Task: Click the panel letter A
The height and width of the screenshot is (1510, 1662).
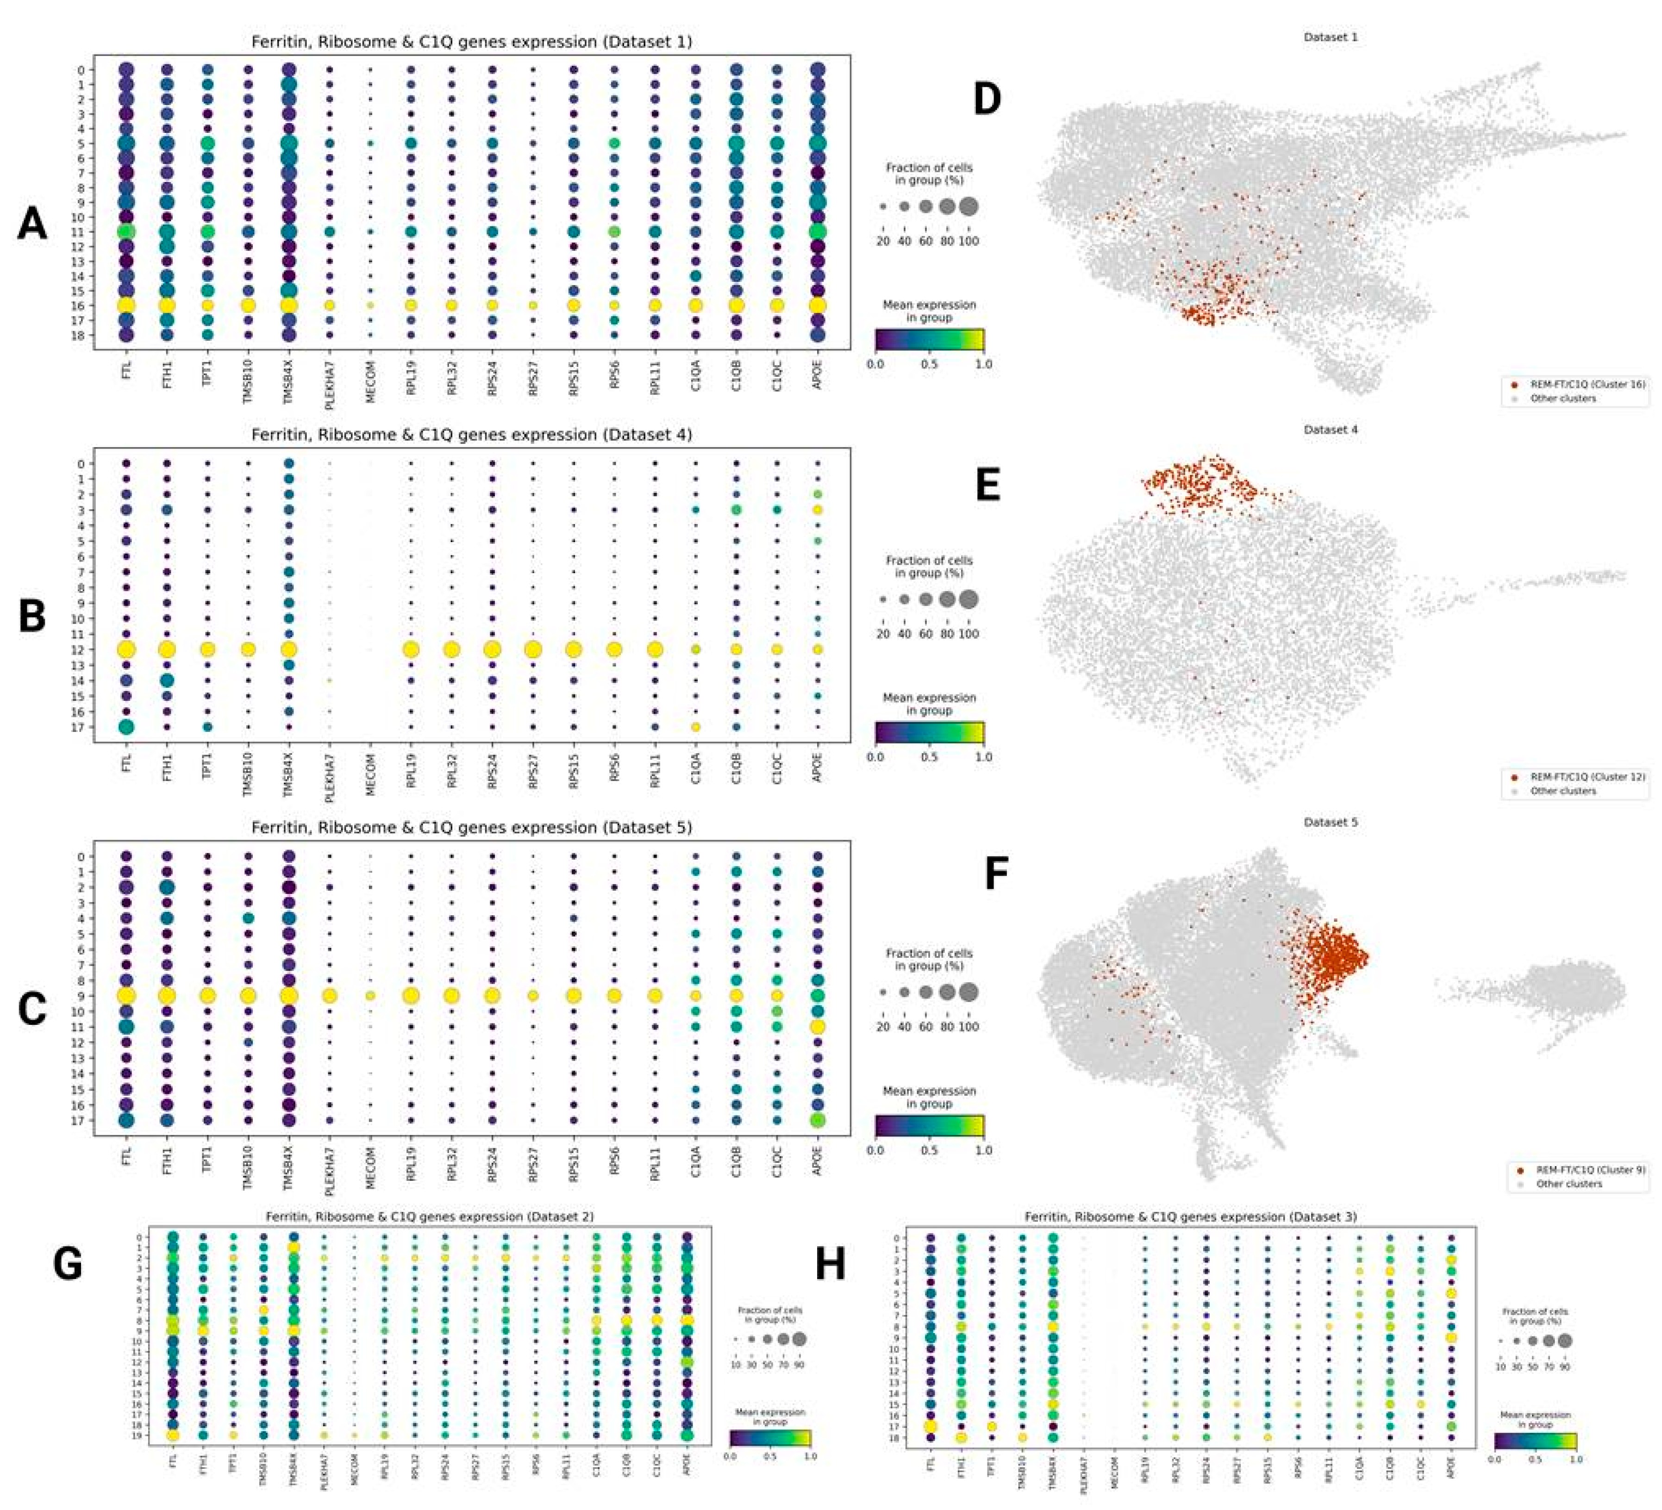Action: pyautogui.click(x=31, y=224)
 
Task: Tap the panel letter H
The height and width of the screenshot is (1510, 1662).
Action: pyautogui.click(x=830, y=1264)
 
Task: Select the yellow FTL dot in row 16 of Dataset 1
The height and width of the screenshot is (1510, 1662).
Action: pyautogui.click(x=126, y=305)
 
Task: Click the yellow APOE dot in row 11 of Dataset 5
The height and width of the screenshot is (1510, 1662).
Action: pyautogui.click(x=817, y=1026)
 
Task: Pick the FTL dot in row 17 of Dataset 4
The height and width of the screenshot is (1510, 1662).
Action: pyautogui.click(x=126, y=726)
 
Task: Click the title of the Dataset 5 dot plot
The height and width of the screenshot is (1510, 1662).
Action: pyautogui.click(x=472, y=827)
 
